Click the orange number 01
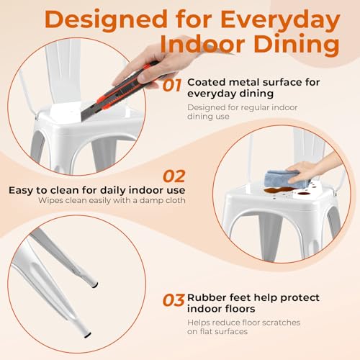(172, 86)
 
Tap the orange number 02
(174, 176)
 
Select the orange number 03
(174, 300)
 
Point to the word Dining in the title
(297, 45)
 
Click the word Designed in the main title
(106, 19)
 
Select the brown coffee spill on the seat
(279, 191)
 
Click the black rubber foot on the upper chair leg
(95, 285)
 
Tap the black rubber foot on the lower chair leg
(88, 336)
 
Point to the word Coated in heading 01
(207, 82)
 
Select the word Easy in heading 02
(21, 191)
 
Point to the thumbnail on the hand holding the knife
(143, 77)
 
